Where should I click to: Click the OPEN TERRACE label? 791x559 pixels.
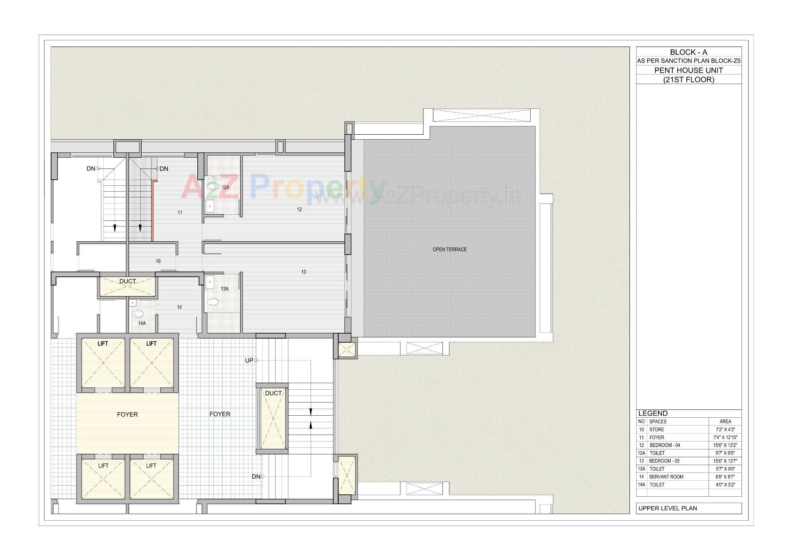point(449,250)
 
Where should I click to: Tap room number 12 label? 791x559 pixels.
point(299,210)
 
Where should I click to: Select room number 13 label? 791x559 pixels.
point(303,272)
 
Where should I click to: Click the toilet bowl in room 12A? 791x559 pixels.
point(213,187)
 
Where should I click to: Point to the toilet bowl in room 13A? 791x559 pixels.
point(213,302)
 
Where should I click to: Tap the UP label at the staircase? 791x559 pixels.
point(249,360)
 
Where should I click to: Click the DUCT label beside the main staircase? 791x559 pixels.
point(273,393)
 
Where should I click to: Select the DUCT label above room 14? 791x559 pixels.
point(127,281)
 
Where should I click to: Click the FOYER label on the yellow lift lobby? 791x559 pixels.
point(127,414)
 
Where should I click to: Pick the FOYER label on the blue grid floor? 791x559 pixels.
point(220,414)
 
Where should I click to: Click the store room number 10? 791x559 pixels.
point(158,261)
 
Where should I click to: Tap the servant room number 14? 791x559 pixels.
point(179,307)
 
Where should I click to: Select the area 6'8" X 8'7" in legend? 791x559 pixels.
point(725,477)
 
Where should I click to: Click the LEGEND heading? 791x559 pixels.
point(653,413)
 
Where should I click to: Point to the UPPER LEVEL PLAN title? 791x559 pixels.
point(667,508)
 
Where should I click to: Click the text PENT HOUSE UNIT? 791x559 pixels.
point(688,70)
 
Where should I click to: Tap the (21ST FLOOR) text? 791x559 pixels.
point(688,80)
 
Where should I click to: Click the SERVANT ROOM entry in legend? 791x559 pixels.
point(666,477)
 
